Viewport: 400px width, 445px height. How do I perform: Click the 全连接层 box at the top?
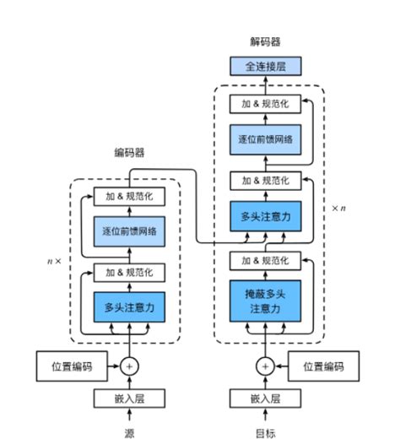point(265,66)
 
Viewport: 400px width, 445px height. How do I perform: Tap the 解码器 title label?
point(265,41)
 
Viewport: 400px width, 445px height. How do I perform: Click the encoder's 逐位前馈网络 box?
point(129,231)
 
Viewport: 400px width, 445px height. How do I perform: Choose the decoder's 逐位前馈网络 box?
point(265,139)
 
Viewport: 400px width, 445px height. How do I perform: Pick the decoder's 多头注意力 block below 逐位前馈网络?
point(265,217)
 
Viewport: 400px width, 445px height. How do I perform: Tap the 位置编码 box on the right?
point(323,366)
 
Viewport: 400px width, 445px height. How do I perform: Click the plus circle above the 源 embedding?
point(129,366)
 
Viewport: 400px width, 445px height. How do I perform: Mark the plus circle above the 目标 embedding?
point(265,366)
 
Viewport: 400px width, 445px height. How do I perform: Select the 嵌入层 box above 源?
point(129,399)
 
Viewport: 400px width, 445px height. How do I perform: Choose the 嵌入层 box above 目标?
point(265,399)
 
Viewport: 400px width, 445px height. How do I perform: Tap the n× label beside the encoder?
point(54,261)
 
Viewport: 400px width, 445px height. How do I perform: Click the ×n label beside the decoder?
point(338,207)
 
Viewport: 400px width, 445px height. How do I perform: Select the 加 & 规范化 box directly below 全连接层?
point(265,103)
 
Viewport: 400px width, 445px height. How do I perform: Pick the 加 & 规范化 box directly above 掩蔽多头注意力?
point(265,258)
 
